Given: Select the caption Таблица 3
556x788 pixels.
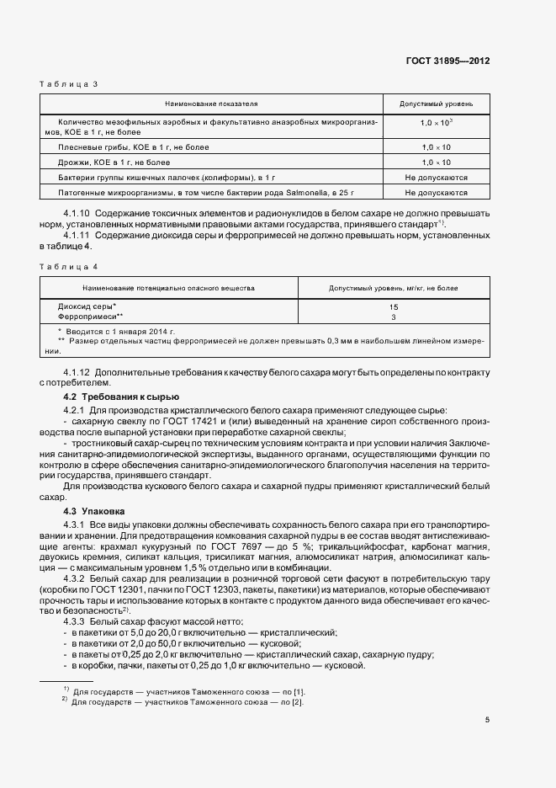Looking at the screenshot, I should click(69, 83).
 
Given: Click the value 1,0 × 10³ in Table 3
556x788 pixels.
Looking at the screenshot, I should click(437, 123).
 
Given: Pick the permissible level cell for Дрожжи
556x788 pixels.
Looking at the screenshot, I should click(437, 162).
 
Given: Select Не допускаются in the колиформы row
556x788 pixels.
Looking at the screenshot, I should click(437, 177).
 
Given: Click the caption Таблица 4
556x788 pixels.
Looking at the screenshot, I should click(69, 266).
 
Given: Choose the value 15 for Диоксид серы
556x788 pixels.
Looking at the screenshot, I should click(394, 307).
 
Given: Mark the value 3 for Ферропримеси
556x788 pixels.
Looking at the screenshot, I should click(394, 317).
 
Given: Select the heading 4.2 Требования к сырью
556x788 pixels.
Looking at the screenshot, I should click(121, 397).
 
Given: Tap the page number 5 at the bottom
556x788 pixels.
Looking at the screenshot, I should click(487, 719).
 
